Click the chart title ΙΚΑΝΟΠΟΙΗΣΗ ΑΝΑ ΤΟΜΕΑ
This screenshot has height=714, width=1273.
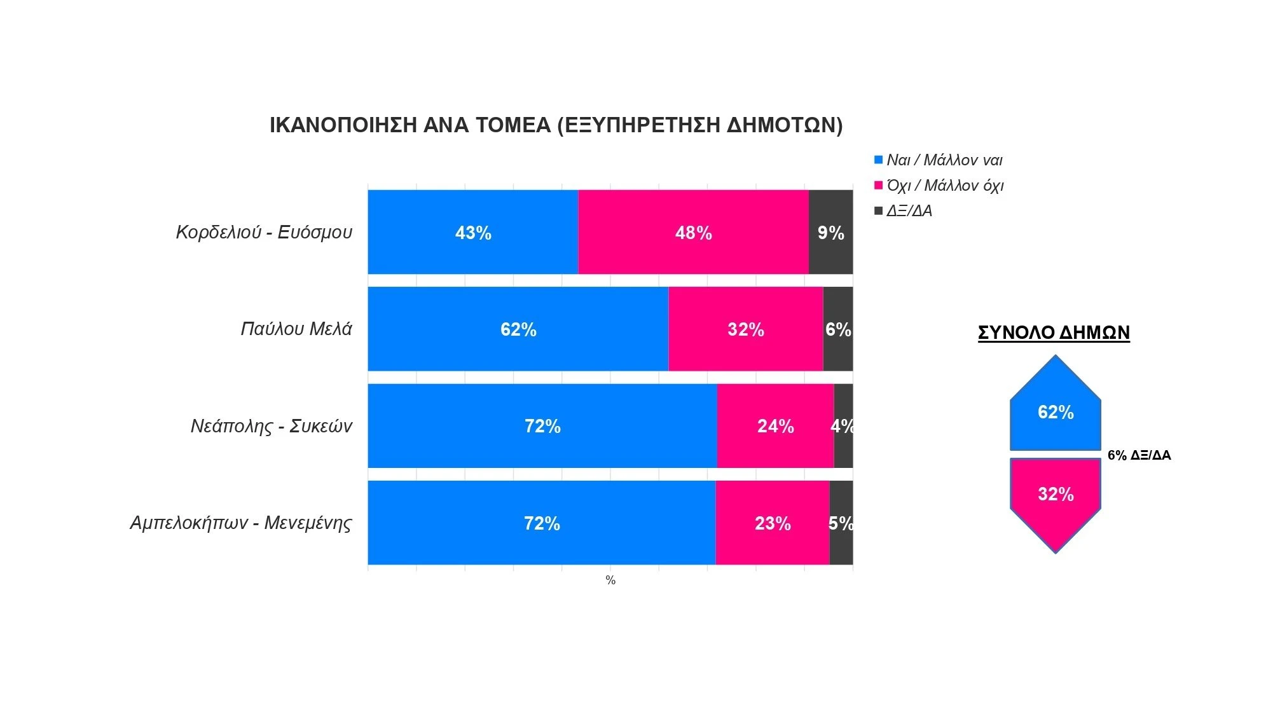(556, 125)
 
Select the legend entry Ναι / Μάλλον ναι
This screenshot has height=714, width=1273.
(944, 160)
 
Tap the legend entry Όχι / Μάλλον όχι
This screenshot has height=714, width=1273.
(944, 186)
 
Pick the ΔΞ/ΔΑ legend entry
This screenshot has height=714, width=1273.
(909, 211)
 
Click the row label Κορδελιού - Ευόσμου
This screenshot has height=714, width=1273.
(264, 232)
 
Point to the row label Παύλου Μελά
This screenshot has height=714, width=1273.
(296, 329)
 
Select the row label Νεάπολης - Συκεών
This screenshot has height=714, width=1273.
(271, 426)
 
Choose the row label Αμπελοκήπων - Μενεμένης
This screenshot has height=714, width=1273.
(240, 523)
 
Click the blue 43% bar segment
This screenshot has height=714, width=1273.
(473, 232)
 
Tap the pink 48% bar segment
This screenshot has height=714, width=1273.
(693, 232)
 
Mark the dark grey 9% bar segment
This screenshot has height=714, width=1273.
(830, 232)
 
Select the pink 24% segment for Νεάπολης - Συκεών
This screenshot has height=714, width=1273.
(775, 426)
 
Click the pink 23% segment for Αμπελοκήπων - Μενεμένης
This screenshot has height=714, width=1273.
(772, 523)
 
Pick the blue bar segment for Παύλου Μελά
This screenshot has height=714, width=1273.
(518, 329)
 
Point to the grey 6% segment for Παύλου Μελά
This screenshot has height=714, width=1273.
(837, 329)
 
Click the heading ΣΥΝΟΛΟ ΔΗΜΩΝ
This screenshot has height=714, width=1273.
(1054, 333)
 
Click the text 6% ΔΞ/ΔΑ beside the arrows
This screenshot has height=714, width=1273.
(1139, 455)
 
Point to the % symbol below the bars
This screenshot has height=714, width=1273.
(610, 580)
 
